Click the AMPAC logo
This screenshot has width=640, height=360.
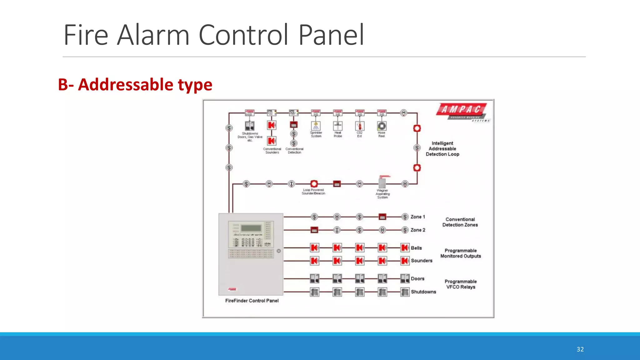(462, 111)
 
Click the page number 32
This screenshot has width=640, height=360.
(580, 349)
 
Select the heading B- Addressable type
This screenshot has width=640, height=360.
(135, 85)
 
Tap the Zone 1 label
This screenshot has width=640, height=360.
(417, 217)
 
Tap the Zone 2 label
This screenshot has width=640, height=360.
(417, 230)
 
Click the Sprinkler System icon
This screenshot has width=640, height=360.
(316, 126)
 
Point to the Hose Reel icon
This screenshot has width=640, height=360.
(382, 126)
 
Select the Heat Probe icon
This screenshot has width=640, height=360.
(338, 126)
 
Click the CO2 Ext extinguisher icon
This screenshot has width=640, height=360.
(360, 126)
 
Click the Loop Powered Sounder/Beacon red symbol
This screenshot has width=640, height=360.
(314, 184)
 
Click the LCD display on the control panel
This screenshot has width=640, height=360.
(251, 228)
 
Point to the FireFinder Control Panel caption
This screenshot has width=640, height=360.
(252, 301)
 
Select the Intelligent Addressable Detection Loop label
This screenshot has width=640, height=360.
(442, 149)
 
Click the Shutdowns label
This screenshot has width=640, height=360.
(423, 292)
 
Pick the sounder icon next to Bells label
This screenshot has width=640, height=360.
(405, 248)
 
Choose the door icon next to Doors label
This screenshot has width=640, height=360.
(405, 278)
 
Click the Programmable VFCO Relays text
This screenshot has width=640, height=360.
(461, 284)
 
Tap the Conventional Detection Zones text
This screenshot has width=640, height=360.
(460, 222)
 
